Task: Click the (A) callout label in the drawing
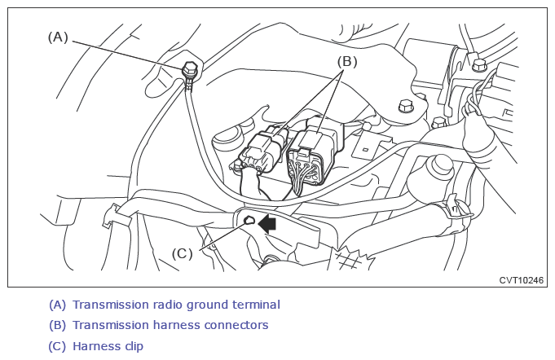tap(58, 37)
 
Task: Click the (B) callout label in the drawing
tap(347, 62)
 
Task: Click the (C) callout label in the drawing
tap(183, 253)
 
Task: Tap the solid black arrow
tap(267, 224)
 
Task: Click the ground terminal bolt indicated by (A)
tap(191, 68)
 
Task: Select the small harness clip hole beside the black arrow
tap(249, 221)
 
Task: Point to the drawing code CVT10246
tap(521, 280)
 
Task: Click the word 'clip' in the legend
tap(134, 346)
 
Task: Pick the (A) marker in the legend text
tap(57, 305)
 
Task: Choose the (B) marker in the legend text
tap(57, 325)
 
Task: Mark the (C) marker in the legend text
tap(57, 346)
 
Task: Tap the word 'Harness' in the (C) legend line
tap(97, 346)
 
